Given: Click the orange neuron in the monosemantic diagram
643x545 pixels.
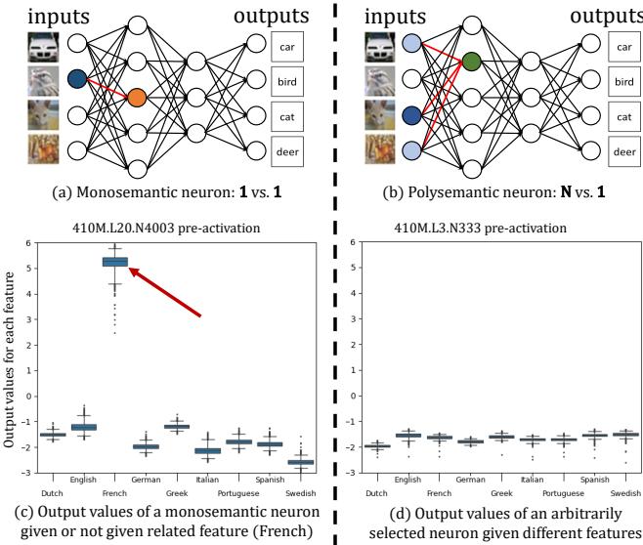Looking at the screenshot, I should pyautogui.click(x=137, y=98).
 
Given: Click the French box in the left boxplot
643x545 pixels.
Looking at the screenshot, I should pyautogui.click(x=115, y=261).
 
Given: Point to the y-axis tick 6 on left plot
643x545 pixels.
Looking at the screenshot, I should pyautogui.click(x=29, y=243).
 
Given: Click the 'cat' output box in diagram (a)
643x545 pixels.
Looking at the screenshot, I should pyautogui.click(x=286, y=115).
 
